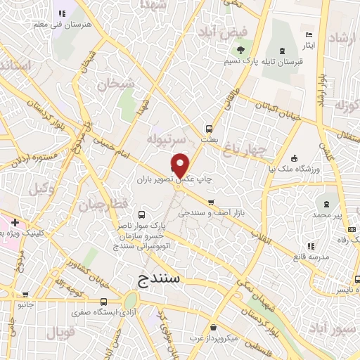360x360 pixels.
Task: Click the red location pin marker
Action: tap(181, 166)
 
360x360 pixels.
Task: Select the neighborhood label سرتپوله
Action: tap(165, 141)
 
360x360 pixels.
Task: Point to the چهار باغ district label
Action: tap(242, 148)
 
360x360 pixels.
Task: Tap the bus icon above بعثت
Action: tap(209, 129)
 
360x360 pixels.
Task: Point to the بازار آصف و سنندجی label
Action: tap(215, 212)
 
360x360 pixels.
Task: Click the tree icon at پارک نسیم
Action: tap(241, 50)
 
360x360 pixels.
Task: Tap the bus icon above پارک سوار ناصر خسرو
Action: tap(143, 215)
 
